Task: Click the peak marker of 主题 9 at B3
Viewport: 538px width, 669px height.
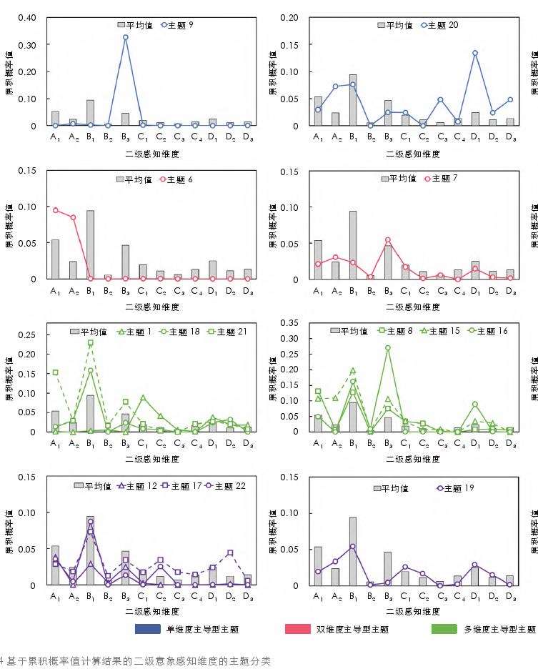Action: tap(125, 37)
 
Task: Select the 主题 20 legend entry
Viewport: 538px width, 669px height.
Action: tap(439, 25)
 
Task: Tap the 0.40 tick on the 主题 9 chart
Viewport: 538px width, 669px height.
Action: tap(27, 17)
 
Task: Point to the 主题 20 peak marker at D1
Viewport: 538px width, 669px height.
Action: tap(475, 53)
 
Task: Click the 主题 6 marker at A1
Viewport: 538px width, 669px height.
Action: tap(56, 210)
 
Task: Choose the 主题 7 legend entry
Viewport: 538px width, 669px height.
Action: tap(444, 179)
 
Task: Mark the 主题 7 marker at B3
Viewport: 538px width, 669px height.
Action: tap(388, 240)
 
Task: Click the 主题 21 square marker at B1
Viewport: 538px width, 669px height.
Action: tap(91, 343)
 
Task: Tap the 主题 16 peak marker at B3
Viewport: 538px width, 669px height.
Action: tap(388, 348)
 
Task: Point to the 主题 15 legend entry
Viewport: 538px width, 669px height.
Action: tap(434, 331)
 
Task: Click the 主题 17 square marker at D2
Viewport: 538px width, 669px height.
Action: tap(230, 552)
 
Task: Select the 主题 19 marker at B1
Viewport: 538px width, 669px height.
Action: tap(353, 546)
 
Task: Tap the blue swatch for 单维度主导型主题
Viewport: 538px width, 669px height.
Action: tap(147, 630)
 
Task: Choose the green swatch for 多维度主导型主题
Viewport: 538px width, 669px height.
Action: tap(445, 630)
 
